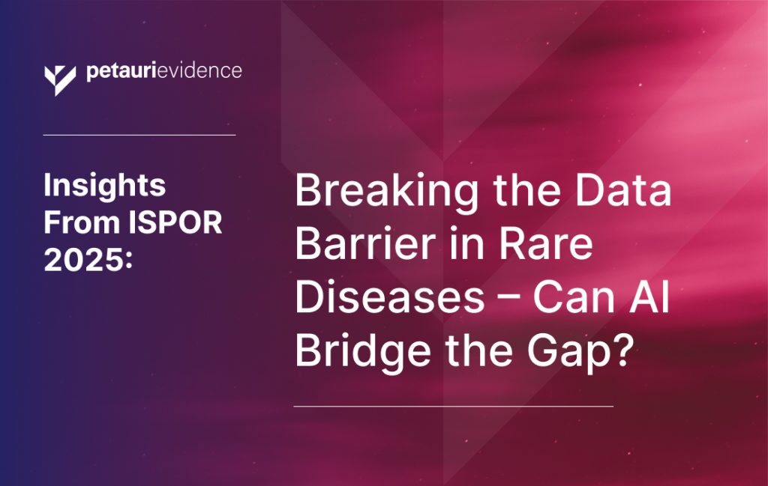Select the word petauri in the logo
(121, 71)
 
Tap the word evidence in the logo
(199, 70)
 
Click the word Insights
(105, 186)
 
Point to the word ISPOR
(175, 222)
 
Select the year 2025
(84, 260)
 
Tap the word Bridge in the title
(364, 353)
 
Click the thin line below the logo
(139, 135)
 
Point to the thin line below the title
(454, 407)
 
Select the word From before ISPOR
(82, 222)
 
